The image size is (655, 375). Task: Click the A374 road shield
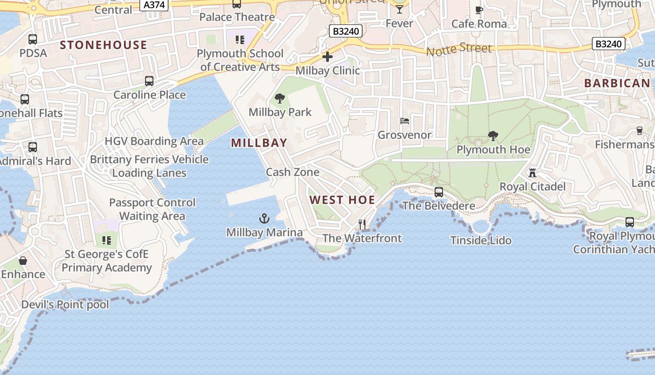154,5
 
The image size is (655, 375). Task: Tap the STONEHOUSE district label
104,45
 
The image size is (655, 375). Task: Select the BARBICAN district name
617,83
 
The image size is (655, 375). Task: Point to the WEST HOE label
342,200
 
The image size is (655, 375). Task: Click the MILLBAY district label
259,143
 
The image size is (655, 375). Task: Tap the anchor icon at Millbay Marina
264,218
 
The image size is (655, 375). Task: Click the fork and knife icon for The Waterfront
362,225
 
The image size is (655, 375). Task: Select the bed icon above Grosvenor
405,121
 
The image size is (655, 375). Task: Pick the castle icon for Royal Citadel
532,172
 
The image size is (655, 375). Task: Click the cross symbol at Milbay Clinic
327,57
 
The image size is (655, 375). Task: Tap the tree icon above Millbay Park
280,98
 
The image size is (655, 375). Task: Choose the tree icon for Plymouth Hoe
493,136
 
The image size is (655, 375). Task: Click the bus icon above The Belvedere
439,192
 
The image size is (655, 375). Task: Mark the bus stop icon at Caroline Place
149,81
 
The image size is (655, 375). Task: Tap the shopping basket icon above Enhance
23,260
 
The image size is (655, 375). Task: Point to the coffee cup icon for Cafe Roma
479,10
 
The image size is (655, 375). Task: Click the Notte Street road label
459,48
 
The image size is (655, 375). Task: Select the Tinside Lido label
481,240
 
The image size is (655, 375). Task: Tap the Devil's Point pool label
65,305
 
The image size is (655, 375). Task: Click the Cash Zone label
292,172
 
